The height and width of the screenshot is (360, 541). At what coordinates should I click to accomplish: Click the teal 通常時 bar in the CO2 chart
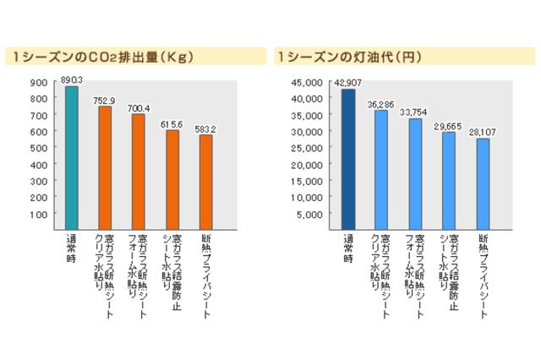click(72, 157)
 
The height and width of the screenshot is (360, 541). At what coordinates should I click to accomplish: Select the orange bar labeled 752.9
click(105, 168)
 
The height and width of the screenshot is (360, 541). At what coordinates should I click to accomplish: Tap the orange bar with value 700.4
click(138, 172)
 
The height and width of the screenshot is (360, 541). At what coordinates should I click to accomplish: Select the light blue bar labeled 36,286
click(381, 170)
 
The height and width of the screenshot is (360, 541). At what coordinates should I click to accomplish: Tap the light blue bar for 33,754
click(415, 174)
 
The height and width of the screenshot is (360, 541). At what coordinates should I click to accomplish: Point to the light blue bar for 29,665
click(449, 181)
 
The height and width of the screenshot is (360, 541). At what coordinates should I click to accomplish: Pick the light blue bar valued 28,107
click(483, 183)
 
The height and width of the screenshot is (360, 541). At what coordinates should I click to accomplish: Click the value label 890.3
click(73, 79)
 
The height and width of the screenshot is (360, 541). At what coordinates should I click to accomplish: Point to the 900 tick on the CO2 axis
click(39, 83)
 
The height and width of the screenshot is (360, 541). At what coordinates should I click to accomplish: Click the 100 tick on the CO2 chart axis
click(39, 215)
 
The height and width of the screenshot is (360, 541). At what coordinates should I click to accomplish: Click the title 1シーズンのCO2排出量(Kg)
click(100, 57)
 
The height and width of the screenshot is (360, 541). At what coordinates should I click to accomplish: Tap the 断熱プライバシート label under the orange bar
click(205, 275)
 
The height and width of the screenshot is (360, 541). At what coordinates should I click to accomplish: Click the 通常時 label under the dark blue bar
click(347, 248)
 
